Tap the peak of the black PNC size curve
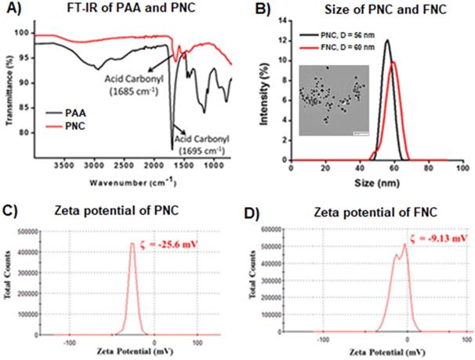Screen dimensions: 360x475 [387, 41]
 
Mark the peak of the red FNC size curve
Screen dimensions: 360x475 [393, 63]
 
